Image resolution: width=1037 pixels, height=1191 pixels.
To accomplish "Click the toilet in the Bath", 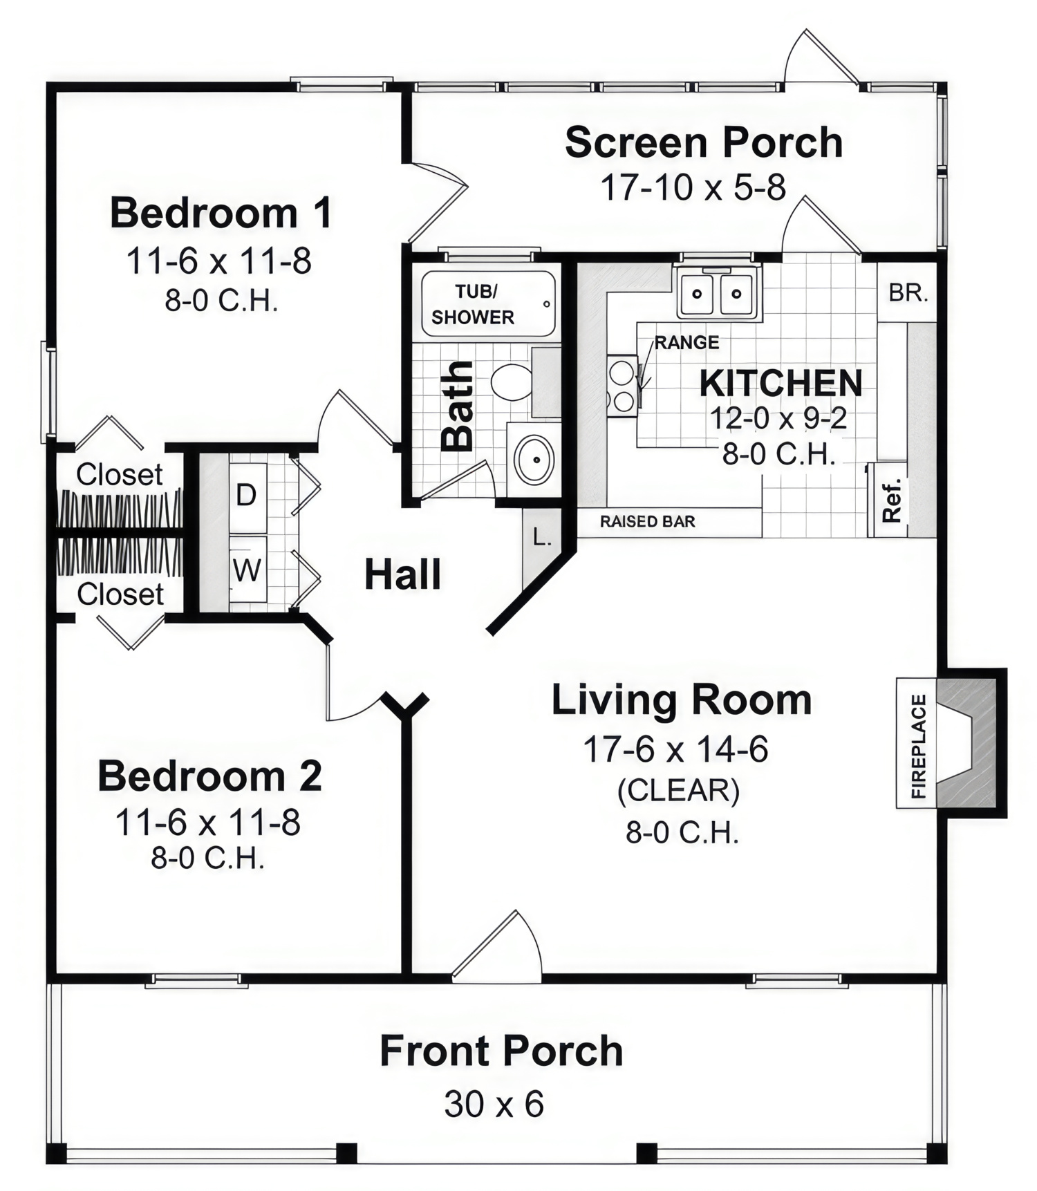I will point(512,382).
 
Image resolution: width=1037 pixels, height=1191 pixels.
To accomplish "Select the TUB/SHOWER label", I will point(474,304).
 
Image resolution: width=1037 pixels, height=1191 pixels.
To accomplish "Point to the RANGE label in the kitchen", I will point(686,342).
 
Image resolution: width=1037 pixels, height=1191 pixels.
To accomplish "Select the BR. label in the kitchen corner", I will point(908,293).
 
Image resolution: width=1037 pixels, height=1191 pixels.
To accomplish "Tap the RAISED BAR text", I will point(647,521).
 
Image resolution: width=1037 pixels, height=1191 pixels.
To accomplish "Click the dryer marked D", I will point(247,495).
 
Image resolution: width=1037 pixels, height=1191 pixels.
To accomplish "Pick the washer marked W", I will point(247,570).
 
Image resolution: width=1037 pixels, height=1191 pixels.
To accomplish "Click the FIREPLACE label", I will point(917,747).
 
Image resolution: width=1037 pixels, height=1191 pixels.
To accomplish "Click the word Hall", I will point(402,574).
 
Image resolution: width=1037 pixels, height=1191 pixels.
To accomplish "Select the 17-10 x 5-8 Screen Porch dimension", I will point(693,187).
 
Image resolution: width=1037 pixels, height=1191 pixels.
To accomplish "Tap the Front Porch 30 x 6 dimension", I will point(494,1103).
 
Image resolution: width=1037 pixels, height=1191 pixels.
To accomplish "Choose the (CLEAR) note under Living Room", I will point(678,791).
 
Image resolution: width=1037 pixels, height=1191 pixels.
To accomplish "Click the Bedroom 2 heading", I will point(209,776).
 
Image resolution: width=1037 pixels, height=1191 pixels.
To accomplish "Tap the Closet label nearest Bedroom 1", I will point(119,474).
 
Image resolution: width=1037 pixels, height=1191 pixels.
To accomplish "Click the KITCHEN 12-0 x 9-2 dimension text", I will point(778,418).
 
